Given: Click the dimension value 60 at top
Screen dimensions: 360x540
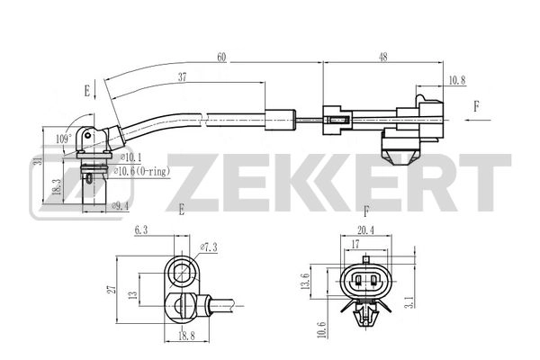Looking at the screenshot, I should (x=220, y=58).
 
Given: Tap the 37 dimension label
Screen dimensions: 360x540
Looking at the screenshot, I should (x=183, y=78).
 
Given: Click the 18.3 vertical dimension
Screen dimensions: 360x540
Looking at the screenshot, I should (x=56, y=186).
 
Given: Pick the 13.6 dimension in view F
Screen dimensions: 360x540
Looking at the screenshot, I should (x=306, y=283).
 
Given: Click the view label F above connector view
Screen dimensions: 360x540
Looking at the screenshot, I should (x=365, y=212).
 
